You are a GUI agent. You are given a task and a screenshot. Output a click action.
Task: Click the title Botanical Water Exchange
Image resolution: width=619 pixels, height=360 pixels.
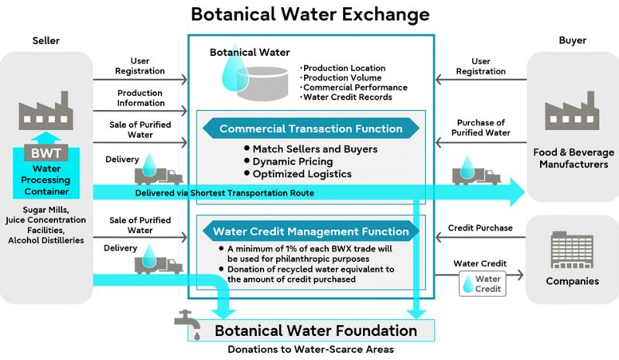click(x=310, y=14)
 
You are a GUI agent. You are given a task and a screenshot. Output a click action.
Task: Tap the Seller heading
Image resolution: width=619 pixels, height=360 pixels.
click(x=45, y=40)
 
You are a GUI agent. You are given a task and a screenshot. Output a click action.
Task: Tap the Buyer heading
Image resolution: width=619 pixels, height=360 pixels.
click(x=573, y=40)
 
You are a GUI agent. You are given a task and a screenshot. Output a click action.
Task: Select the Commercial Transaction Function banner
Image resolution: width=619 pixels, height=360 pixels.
click(x=310, y=129)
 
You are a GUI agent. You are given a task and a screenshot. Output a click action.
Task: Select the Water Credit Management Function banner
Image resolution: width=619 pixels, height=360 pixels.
click(x=310, y=231)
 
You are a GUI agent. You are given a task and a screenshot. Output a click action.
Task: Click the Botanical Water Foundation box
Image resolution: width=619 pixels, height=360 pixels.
click(x=316, y=331)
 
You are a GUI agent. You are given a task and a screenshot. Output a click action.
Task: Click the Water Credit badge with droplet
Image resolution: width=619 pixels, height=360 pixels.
click(x=480, y=283)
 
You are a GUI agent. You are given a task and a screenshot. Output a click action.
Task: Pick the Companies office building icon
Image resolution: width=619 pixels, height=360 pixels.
click(x=572, y=251)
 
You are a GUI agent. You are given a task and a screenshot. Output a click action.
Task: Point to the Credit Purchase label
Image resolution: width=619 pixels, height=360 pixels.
click(x=480, y=228)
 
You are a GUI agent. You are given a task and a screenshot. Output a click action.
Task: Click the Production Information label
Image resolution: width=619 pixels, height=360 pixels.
click(x=140, y=98)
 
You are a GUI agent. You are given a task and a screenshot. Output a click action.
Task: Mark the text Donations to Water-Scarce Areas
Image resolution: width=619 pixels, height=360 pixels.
click(x=310, y=349)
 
